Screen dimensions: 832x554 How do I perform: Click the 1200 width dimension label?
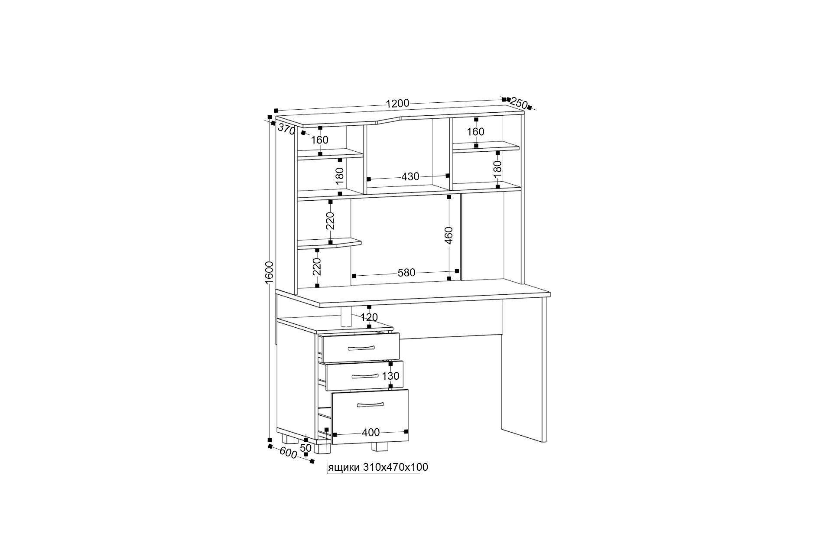(x=397, y=103)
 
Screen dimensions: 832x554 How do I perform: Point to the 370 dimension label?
(x=286, y=128)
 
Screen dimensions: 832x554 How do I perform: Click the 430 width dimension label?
(x=410, y=176)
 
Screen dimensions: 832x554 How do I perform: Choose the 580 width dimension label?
(x=406, y=273)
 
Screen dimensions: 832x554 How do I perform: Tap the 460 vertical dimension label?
(x=449, y=235)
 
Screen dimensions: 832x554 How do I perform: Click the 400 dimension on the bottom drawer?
(x=371, y=432)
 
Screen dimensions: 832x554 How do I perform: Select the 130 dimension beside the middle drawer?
(x=390, y=376)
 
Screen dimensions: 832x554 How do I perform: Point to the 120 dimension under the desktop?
(x=369, y=317)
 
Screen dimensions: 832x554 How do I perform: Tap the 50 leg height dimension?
(x=306, y=447)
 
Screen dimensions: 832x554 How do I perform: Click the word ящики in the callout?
(x=344, y=467)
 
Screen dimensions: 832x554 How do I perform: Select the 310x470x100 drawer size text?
(x=395, y=467)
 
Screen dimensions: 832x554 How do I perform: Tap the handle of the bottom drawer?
(x=370, y=405)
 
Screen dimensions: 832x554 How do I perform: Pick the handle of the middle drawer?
(x=366, y=375)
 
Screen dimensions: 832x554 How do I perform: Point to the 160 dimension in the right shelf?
(x=475, y=131)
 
